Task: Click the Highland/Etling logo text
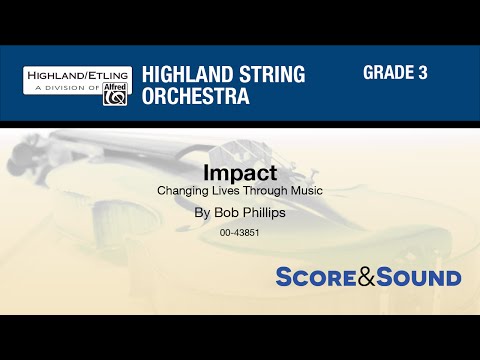pos(75,75)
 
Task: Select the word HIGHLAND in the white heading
pos(182,74)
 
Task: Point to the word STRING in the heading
pos(265,74)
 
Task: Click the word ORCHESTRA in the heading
pos(195,96)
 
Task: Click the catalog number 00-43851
pos(240,233)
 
